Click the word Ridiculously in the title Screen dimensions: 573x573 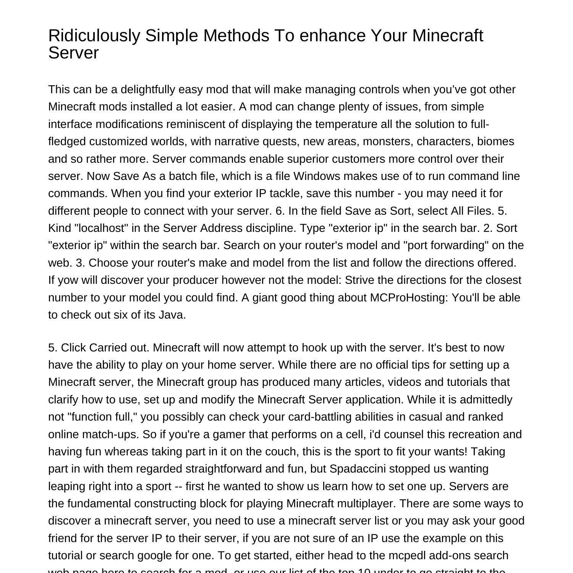[94, 36]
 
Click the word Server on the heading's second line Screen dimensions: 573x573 [73, 53]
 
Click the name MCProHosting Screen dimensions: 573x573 [409, 298]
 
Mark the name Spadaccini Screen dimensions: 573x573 [357, 469]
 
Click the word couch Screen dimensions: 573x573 [282, 452]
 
